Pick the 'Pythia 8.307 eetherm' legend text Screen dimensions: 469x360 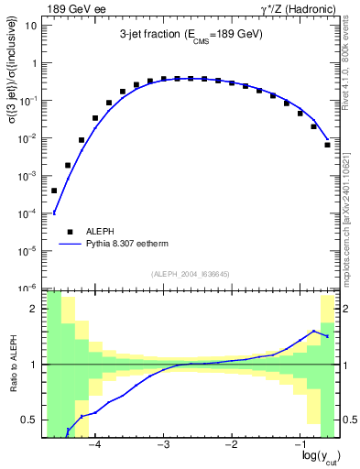137,245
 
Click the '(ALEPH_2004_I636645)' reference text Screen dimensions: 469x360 191,275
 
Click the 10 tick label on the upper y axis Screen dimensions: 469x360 30,26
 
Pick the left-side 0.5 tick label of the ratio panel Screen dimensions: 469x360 30,420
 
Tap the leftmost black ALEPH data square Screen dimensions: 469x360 54,191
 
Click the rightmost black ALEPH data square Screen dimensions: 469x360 327,145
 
